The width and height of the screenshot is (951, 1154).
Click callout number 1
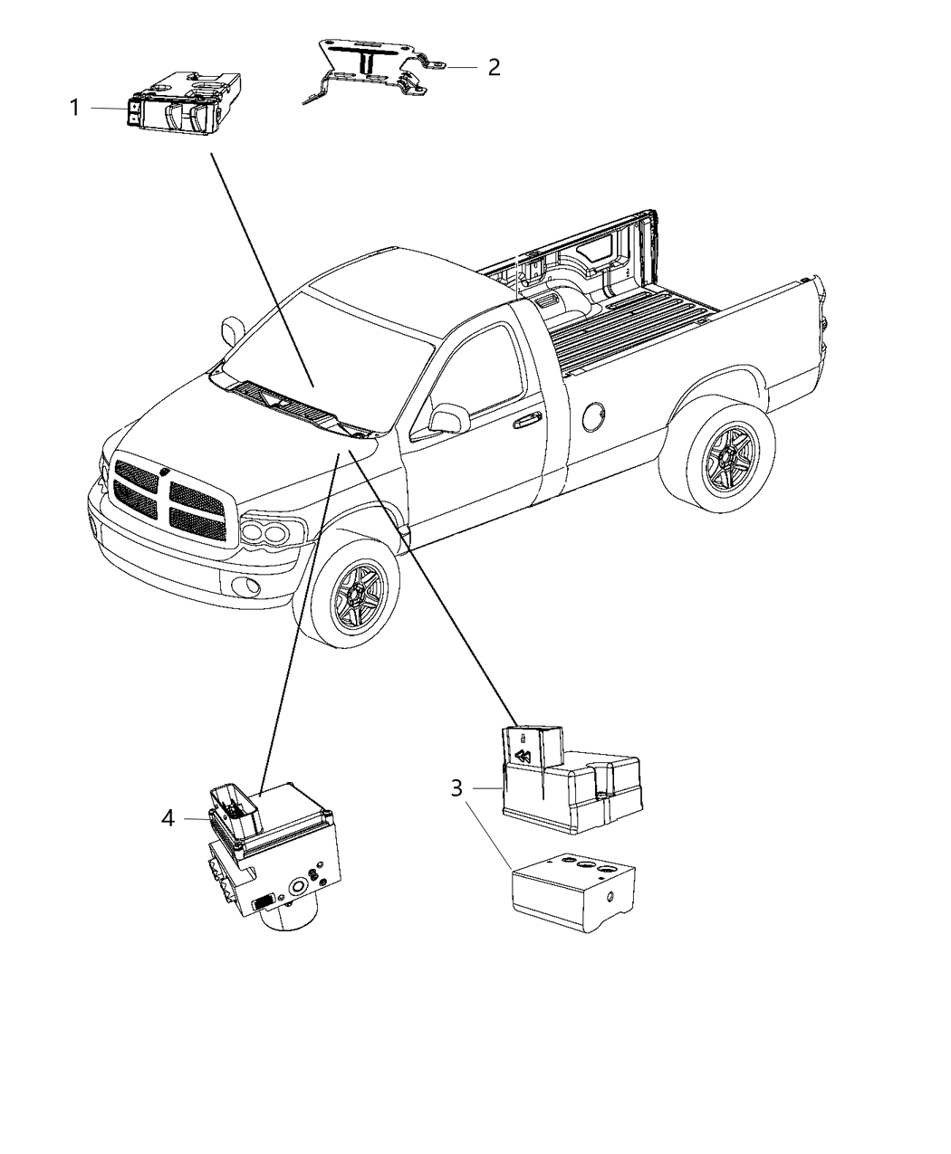[75, 109]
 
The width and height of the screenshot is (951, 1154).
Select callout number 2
[494, 67]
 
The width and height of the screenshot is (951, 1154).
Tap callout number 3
[459, 788]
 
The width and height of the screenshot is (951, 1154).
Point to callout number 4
[168, 818]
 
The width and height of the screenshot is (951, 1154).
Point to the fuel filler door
[596, 418]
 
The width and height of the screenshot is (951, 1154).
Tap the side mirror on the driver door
[448, 418]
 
